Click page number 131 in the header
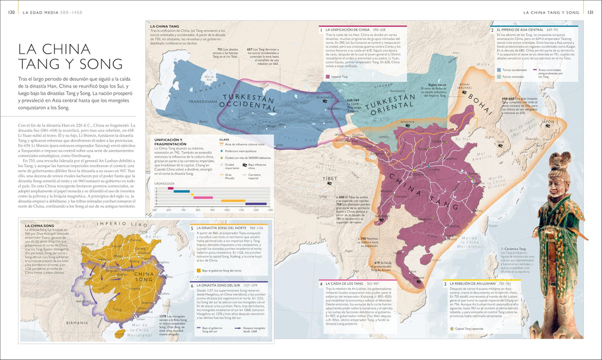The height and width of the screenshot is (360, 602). (x=591, y=12)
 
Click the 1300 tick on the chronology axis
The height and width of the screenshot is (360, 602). (x=270, y=209)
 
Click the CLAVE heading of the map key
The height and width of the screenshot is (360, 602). (x=224, y=139)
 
